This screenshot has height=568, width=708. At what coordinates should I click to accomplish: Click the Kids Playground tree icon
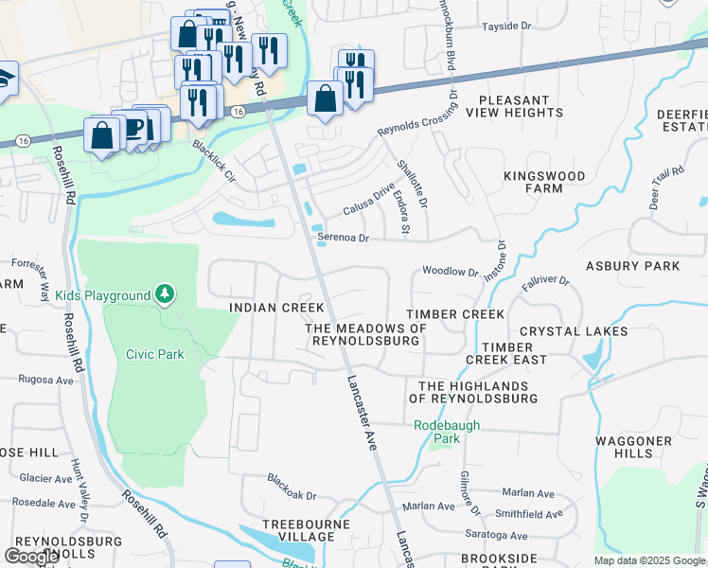(x=166, y=294)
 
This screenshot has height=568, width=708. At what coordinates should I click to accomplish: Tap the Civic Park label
(x=154, y=354)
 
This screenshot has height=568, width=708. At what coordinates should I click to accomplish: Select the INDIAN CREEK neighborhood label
(x=277, y=308)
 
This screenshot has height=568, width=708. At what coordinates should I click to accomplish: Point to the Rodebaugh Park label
(x=447, y=432)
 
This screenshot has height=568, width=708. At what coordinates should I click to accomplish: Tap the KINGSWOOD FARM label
(x=544, y=182)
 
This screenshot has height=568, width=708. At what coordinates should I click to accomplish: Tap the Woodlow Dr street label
(x=451, y=272)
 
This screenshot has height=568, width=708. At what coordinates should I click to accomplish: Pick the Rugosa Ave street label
(x=45, y=379)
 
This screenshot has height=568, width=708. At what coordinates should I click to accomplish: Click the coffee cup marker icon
(x=133, y=127)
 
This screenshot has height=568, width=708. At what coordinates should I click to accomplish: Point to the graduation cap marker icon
(x=5, y=78)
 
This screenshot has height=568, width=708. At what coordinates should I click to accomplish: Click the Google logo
(x=32, y=556)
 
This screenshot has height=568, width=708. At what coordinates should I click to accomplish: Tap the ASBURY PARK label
(x=646, y=266)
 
